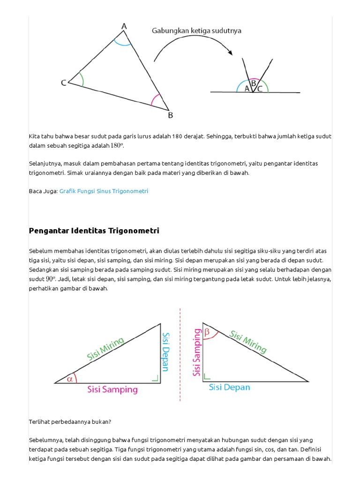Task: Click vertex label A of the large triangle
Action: tap(124, 27)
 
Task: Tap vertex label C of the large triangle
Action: tap(63, 83)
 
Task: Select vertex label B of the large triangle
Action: tap(170, 115)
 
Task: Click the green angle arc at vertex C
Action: tap(82, 79)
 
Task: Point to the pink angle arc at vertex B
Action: tap(155, 100)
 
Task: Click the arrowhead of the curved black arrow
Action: tap(230, 52)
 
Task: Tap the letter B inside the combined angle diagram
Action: tap(253, 83)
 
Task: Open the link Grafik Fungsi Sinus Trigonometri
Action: tap(104, 191)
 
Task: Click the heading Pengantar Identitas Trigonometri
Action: tap(94, 231)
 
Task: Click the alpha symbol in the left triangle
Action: tap(70, 379)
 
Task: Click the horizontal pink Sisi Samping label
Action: tap(113, 390)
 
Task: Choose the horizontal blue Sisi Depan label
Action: tap(229, 387)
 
